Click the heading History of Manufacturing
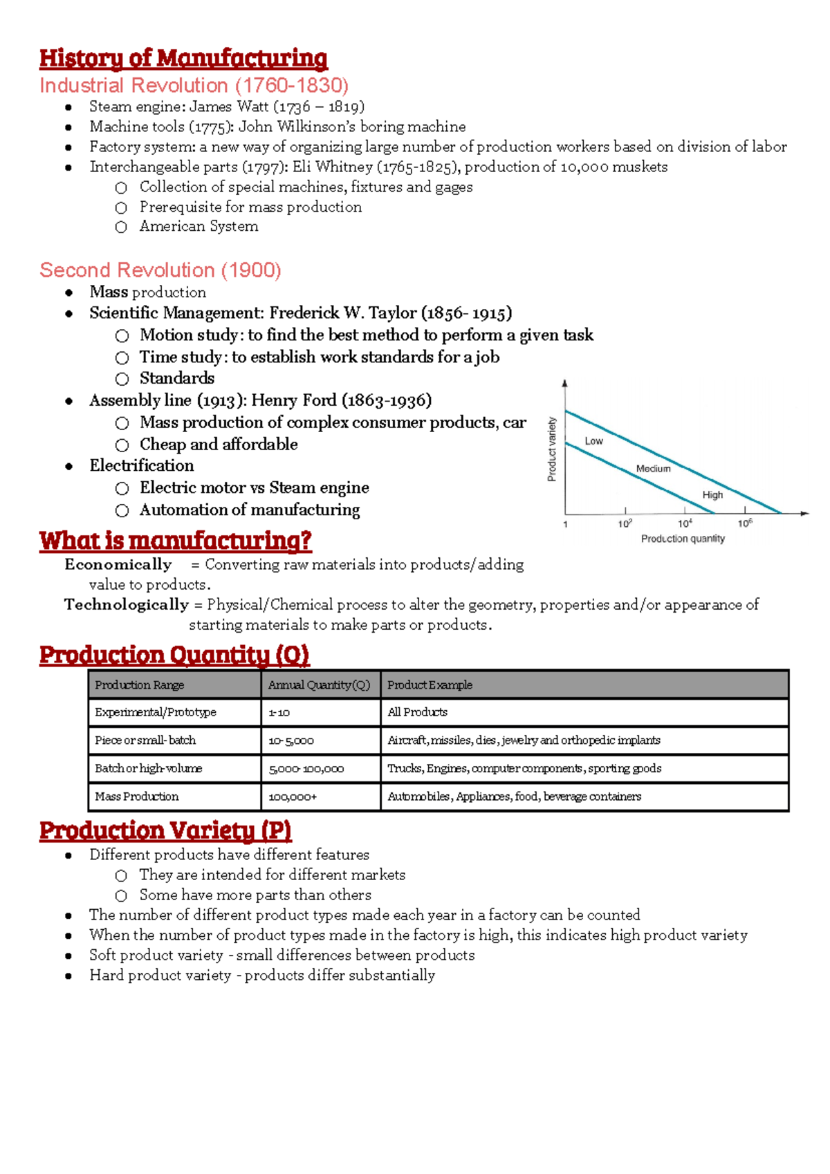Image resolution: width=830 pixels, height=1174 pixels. [183, 58]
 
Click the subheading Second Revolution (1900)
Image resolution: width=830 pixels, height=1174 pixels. [160, 270]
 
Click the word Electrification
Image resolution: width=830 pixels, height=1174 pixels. [142, 465]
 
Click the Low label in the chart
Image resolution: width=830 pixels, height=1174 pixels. [593, 441]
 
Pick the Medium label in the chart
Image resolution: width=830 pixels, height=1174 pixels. [653, 469]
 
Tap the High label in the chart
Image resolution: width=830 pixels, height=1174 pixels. [712, 495]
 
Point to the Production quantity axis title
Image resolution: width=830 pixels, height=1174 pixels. [683, 539]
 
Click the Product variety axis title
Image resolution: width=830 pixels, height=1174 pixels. [552, 449]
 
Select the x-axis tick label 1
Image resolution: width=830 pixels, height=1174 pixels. [566, 524]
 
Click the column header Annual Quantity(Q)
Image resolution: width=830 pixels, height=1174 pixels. [319, 685]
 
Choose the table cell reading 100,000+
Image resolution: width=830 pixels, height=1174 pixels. [293, 797]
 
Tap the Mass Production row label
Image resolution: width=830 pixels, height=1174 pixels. [136, 796]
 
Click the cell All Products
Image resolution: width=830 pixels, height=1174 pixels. [417, 712]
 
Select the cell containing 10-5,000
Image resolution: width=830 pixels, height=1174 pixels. [290, 740]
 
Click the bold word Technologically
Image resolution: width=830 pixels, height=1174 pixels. [126, 605]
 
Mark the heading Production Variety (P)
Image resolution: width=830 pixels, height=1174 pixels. [165, 830]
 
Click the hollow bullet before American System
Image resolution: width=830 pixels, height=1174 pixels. [121, 227]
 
